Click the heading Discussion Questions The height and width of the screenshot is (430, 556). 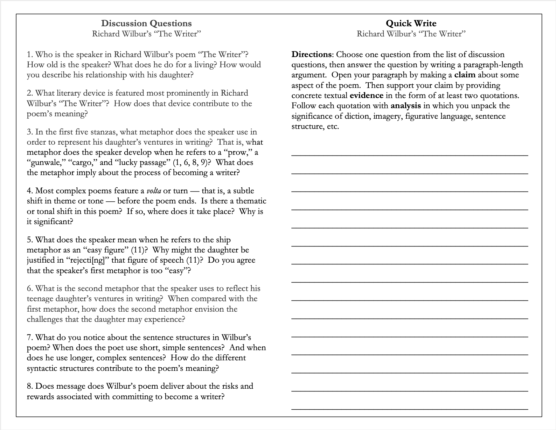tap(146, 23)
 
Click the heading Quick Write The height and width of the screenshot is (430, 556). tap(411, 23)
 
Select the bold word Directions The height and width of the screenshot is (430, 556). tap(312, 55)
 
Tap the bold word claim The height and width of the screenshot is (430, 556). tap(465, 75)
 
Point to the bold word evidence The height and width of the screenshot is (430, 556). tap(366, 96)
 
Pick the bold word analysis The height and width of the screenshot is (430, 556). tap(406, 106)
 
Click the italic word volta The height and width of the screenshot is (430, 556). tap(154, 191)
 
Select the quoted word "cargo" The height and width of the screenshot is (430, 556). tap(84, 163)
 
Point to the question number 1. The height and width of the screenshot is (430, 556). tap(29, 55)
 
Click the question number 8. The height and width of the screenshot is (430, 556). tap(29, 386)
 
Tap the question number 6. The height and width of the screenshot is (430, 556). tap(29, 289)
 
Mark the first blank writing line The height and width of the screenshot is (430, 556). tap(410, 155)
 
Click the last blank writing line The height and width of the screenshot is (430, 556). tap(410, 409)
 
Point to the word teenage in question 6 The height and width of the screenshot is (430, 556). tap(40, 299)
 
